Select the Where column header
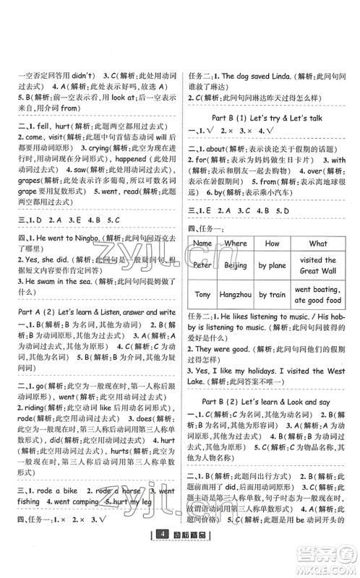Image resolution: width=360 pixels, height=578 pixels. [235, 243]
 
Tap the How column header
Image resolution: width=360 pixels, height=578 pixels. [272, 243]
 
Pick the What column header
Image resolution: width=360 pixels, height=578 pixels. [317, 243]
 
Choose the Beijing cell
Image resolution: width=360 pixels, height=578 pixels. [235, 266]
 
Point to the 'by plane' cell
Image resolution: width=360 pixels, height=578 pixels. [272, 266]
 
